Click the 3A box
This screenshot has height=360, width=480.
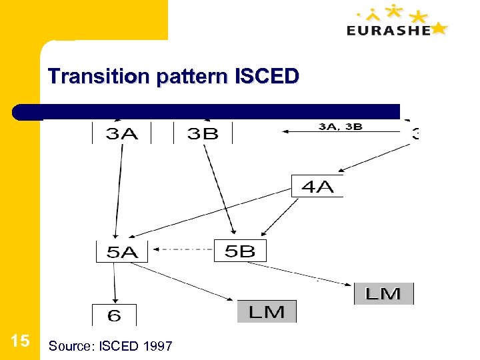coord(122,133)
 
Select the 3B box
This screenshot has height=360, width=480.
coord(203,133)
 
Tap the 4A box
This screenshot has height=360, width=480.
coord(317,186)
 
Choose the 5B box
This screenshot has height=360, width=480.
coord(240,251)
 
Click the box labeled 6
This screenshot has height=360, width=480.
coord(114,315)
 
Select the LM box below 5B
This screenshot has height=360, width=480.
coord(267,311)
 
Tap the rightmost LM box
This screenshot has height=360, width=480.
coord(383,293)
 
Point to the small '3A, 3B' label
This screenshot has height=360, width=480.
coord(340,126)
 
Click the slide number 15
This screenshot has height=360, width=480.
coord(20,341)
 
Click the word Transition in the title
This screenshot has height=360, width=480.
coord(99,77)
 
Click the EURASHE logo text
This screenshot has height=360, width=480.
coord(389,30)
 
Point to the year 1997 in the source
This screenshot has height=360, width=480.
coord(157,346)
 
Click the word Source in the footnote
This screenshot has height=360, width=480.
coord(70,346)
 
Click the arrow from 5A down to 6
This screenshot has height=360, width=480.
coord(115,283)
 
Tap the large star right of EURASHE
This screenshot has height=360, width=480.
coord(439,28)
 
